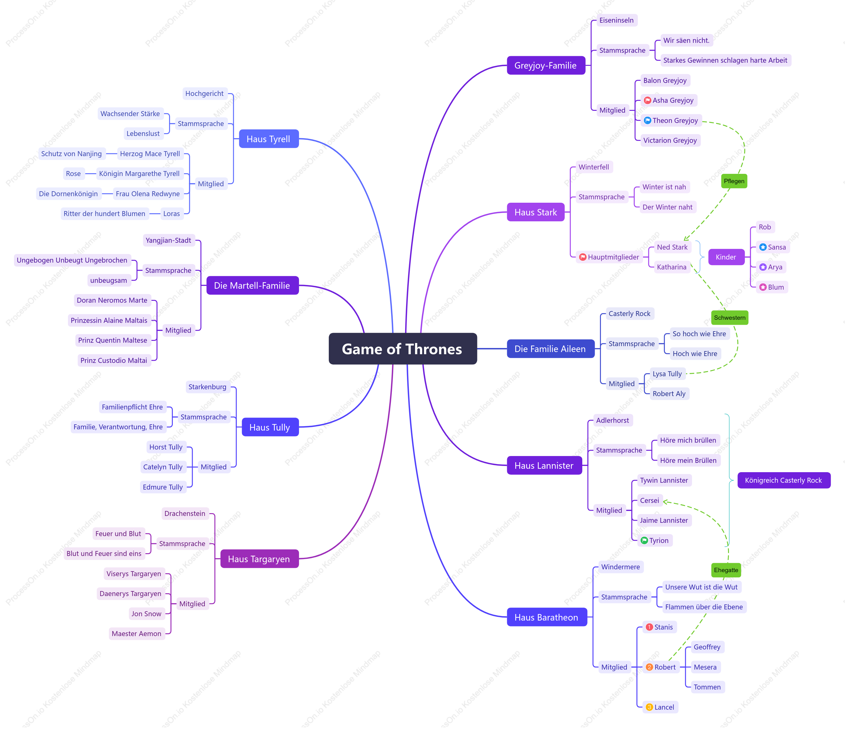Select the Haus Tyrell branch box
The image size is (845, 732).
[269, 139]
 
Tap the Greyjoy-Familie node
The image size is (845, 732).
[546, 66]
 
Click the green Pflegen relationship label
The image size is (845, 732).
[734, 181]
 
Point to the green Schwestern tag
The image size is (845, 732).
[730, 317]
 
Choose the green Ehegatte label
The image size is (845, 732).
[726, 570]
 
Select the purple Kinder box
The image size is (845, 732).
[726, 257]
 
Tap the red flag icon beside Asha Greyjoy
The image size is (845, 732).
[647, 100]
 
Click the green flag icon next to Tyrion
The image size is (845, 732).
[644, 540]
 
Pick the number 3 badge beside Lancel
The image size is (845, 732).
[649, 707]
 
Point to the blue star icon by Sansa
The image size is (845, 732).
[762, 247]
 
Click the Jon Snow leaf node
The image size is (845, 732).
[146, 613]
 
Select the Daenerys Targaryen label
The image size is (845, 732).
[130, 594]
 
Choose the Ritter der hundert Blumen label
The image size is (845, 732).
[105, 214]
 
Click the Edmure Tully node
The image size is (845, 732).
[163, 487]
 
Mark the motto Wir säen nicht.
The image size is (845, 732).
[686, 40]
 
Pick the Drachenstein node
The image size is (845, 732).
[185, 513]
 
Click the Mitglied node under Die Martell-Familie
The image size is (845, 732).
[178, 330]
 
